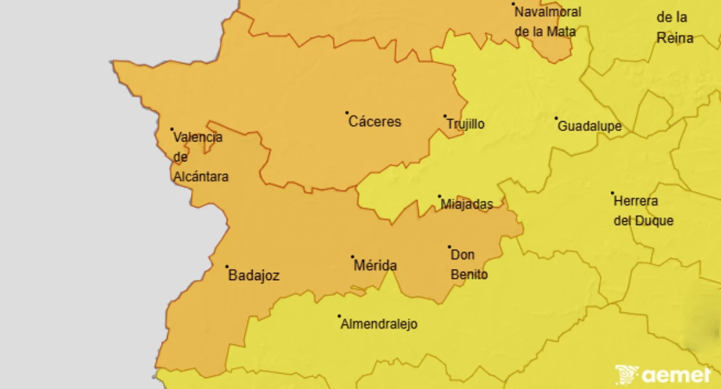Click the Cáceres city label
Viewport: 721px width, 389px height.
(375, 122)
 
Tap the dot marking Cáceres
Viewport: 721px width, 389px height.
(347, 113)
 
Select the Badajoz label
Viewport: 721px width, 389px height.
(254, 276)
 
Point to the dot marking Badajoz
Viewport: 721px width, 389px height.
(227, 266)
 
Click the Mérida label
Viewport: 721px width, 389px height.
(375, 266)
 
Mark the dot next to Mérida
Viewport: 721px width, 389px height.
(353, 257)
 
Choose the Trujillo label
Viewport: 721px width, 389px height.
(465, 124)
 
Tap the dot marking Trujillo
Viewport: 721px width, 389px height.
(445, 117)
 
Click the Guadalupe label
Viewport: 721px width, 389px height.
(589, 126)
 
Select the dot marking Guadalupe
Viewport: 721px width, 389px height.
(556, 118)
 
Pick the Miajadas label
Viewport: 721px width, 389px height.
(466, 205)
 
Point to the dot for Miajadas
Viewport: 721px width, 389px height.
(439, 196)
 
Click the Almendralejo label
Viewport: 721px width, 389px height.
(379, 325)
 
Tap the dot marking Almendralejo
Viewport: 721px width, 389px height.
(339, 316)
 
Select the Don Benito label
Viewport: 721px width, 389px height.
(469, 265)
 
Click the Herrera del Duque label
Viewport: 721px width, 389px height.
(643, 211)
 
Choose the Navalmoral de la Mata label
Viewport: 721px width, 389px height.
(548, 21)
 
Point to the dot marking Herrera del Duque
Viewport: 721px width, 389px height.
(612, 193)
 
